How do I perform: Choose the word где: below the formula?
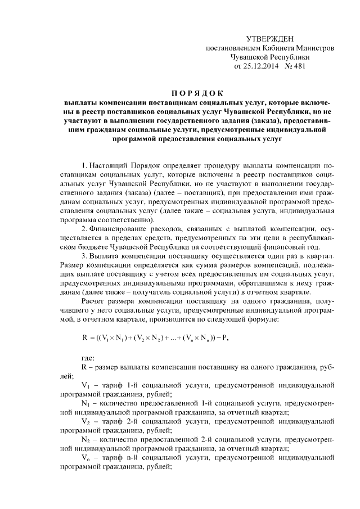[x=88, y=358]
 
